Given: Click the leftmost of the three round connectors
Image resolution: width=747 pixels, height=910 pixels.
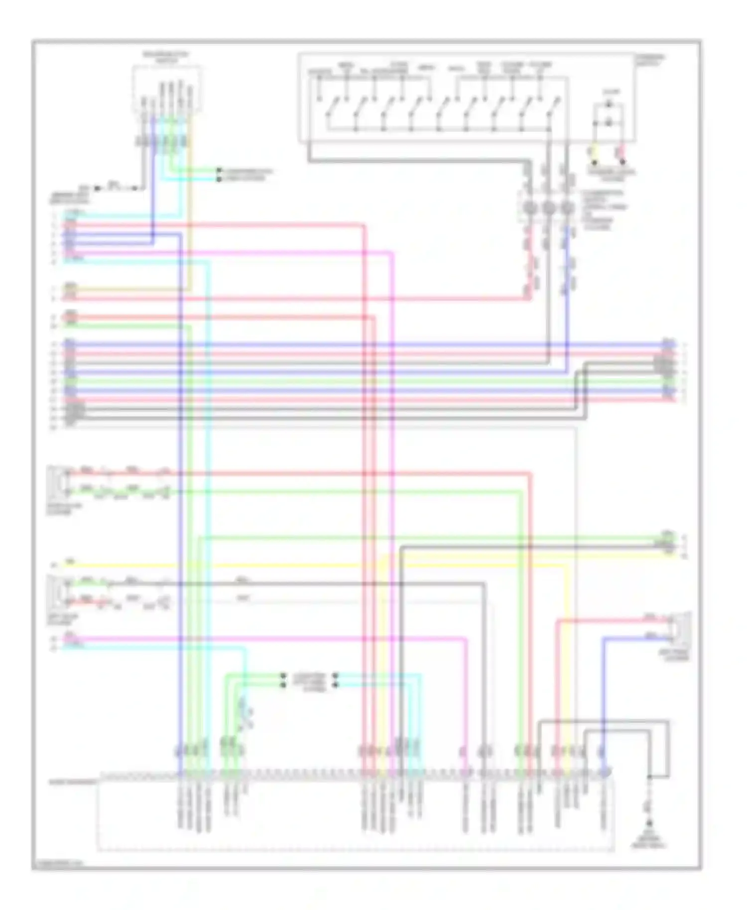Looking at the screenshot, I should (529, 209).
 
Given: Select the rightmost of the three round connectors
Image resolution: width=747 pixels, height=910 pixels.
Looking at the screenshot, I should (567, 209).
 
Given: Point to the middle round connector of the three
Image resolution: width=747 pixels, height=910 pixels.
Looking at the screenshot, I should (548, 209).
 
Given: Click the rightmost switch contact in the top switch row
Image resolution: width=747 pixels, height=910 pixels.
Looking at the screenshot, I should (553, 107).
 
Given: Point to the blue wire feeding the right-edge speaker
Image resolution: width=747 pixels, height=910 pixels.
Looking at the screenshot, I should (604, 697).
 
